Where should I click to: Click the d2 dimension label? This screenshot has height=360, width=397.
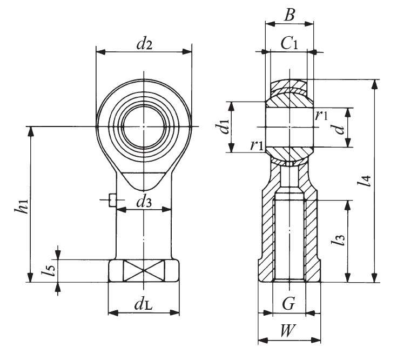coord(144,43)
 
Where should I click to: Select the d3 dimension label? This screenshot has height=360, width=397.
coord(144,202)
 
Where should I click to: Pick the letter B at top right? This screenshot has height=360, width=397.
coord(290,15)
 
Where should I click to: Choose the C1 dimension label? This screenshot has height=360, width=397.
coord(290,44)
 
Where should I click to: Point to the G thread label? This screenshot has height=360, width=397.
coord(289,304)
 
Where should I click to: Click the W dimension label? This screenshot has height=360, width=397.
coord(289,331)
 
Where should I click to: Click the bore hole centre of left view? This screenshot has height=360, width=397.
coord(144,127)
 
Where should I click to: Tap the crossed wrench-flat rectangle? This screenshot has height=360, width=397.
coord(144,270)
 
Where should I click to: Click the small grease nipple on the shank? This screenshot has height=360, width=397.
coord(112,201)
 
